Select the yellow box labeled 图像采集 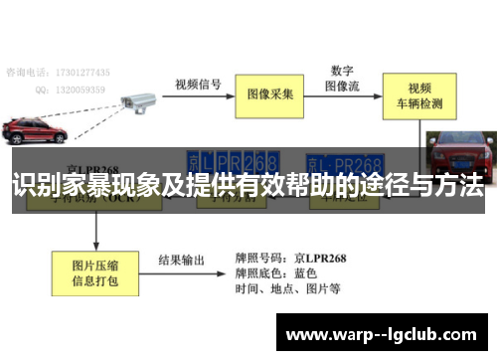click(269, 94)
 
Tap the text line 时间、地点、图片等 click(288, 289)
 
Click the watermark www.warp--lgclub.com click(384, 334)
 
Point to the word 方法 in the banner click(455, 185)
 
